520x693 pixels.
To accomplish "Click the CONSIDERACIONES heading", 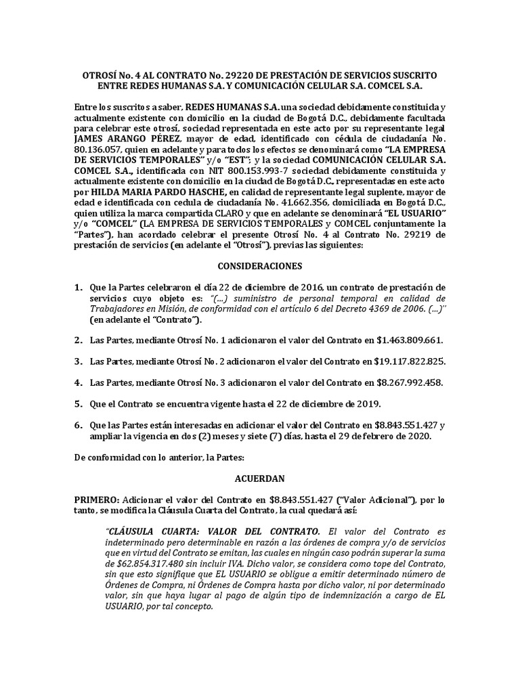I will coord(259,266).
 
